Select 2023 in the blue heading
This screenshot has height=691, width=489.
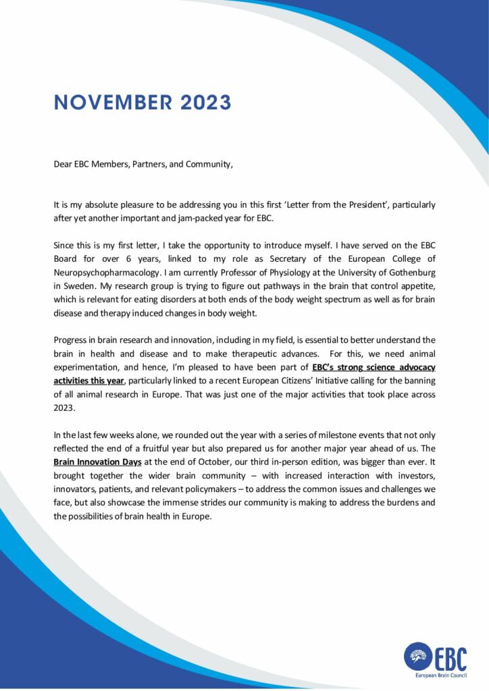[x=205, y=103]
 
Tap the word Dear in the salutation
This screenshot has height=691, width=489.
[x=63, y=164]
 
